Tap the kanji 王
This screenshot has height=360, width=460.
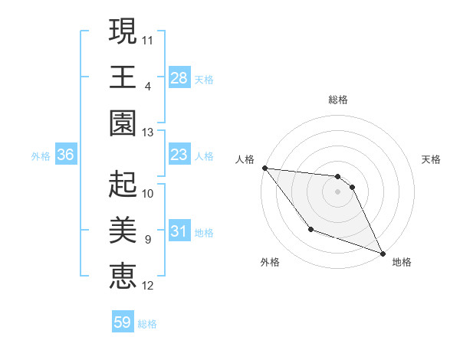point(122,77)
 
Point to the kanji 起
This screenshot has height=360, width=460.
point(122,185)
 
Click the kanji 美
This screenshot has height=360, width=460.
point(122,230)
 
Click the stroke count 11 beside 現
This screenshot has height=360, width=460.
point(148,39)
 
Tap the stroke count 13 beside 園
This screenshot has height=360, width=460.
point(148,133)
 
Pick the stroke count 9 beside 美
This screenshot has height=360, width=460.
point(148,240)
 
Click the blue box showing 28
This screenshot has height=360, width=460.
point(179,77)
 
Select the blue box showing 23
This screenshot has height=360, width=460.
point(179,155)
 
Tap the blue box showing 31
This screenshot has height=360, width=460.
point(179,231)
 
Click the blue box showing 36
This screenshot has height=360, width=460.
point(66,155)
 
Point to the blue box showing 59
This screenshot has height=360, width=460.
point(123,322)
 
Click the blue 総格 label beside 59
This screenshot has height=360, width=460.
point(147,323)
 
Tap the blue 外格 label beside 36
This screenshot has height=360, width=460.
point(41,156)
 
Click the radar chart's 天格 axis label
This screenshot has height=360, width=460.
point(431,159)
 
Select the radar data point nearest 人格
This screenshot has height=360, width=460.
point(264,168)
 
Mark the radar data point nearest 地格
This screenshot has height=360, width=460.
point(382,253)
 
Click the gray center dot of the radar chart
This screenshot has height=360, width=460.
point(337,191)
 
